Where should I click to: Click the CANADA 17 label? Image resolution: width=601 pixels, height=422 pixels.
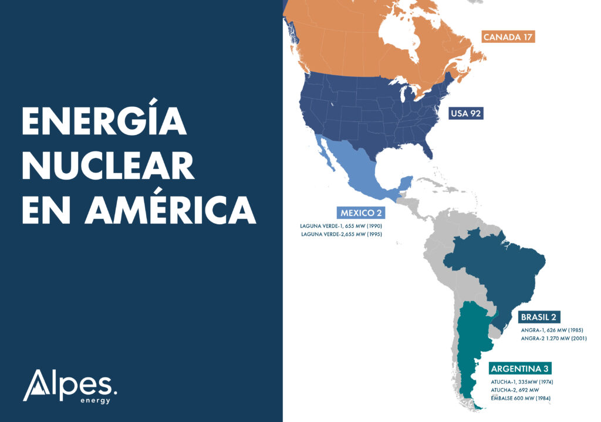(x=508, y=37)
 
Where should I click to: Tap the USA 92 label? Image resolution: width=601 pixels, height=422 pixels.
(x=466, y=113)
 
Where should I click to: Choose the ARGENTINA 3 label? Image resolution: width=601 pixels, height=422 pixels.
(x=520, y=369)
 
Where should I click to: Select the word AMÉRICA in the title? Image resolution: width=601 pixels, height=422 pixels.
(x=170, y=210)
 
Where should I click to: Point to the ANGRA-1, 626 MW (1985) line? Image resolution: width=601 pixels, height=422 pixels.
(x=552, y=330)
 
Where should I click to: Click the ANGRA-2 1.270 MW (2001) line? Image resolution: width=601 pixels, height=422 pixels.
(x=553, y=338)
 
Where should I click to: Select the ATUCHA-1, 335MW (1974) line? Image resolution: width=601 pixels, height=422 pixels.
(x=522, y=382)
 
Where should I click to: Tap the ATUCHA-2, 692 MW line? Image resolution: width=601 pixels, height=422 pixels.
(x=515, y=390)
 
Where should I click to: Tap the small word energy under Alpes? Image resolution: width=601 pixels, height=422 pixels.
(x=96, y=401)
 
